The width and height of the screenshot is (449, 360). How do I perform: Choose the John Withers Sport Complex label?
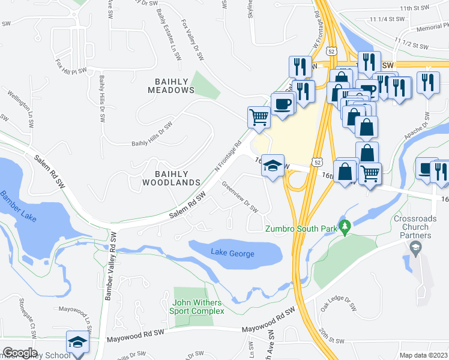click(x=198, y=307)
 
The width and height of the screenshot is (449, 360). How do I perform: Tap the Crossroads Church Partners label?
click(x=420, y=227)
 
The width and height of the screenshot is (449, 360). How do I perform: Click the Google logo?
click(x=20, y=353)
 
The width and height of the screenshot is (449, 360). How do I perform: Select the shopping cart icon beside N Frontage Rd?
click(x=259, y=116)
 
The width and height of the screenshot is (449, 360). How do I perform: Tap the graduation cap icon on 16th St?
click(x=272, y=166)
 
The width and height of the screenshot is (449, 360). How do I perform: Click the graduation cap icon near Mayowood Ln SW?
click(x=77, y=341)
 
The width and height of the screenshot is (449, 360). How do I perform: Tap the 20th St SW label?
click(x=331, y=340)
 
